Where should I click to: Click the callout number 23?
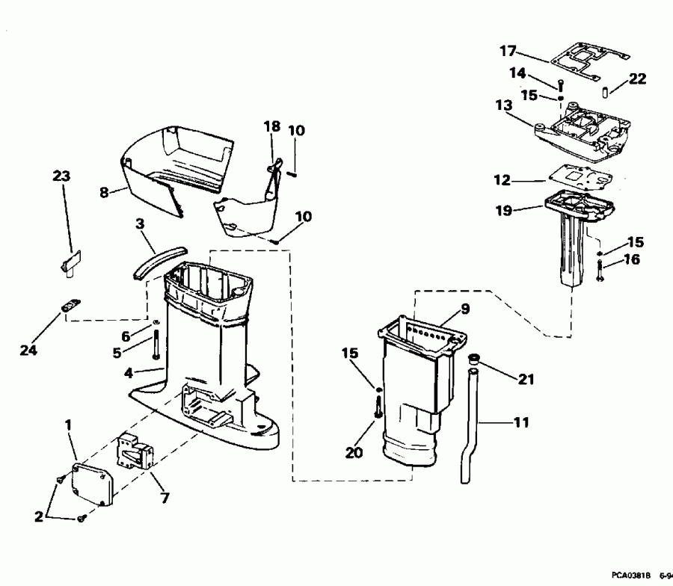click(x=62, y=176)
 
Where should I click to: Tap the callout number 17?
click(x=508, y=52)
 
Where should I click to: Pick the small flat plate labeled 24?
click(x=71, y=306)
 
